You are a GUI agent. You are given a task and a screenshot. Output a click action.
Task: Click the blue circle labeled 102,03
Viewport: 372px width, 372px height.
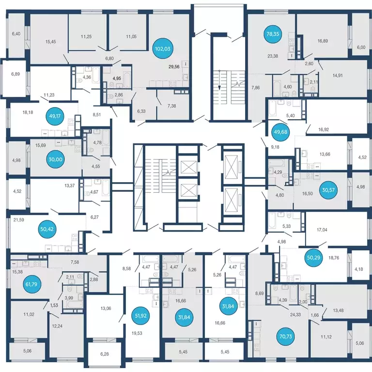[163, 49]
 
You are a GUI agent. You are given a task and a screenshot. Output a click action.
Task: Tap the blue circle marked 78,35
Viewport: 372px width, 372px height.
[273, 34]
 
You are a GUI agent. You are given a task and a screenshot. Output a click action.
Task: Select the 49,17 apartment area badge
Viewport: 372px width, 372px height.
[55, 116]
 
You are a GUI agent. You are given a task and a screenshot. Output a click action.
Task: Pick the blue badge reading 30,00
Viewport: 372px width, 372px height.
[55, 159]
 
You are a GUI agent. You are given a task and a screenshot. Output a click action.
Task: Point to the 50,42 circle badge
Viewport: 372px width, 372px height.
[47, 229]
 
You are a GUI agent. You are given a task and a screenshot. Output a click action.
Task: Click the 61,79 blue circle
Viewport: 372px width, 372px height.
[31, 284]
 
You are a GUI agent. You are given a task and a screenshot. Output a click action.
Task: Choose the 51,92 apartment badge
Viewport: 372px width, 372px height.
[140, 316]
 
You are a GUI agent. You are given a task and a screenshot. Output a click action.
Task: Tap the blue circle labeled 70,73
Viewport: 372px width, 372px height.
[286, 337]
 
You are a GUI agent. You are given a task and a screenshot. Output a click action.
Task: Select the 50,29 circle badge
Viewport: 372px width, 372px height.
[313, 257]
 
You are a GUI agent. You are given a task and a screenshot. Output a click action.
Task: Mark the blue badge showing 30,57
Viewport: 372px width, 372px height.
[328, 190]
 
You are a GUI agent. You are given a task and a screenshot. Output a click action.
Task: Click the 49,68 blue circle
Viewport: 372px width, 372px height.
[280, 132]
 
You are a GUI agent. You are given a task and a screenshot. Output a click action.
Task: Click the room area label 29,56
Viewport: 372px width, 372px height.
[174, 67]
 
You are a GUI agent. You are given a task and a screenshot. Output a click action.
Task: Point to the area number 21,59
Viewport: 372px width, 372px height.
[18, 220]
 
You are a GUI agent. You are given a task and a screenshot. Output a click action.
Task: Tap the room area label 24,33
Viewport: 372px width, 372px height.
[295, 314]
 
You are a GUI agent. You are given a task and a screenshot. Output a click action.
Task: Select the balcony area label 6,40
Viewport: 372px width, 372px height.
[16, 34]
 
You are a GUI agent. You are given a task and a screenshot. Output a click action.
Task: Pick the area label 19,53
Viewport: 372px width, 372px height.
[137, 333]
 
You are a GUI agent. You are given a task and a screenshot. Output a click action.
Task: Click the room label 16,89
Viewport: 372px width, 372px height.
[323, 41]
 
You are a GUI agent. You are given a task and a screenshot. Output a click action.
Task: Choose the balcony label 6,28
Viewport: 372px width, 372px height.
[105, 354]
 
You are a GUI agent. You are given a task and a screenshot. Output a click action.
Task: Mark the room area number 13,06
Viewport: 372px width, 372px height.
[106, 309]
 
